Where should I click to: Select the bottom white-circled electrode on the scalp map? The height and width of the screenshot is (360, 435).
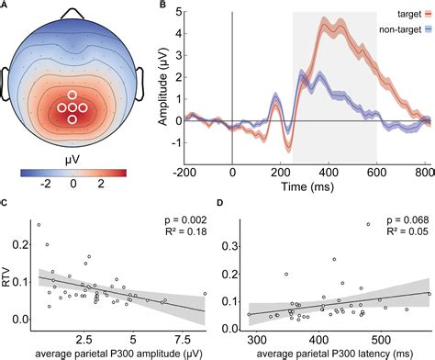pyautogui.click(x=72, y=118)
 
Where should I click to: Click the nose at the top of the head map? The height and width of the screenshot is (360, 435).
pyautogui.click(x=72, y=13)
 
